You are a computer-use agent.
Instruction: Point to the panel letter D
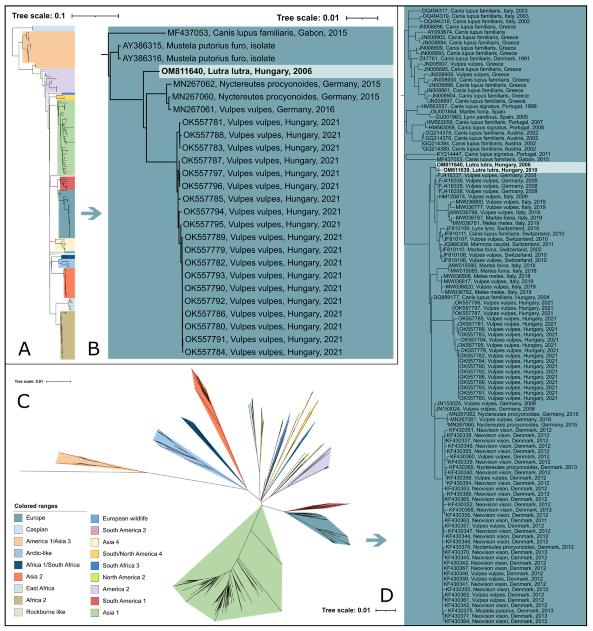click(386, 596)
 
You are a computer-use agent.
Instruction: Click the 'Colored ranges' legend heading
click(36, 506)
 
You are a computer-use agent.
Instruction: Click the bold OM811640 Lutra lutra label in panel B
click(237, 71)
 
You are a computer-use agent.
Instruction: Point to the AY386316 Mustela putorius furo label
click(198, 58)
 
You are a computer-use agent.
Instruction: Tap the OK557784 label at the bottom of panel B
click(264, 352)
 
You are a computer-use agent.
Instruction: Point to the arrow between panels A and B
click(91, 214)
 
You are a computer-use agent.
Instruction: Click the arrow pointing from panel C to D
click(376, 540)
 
